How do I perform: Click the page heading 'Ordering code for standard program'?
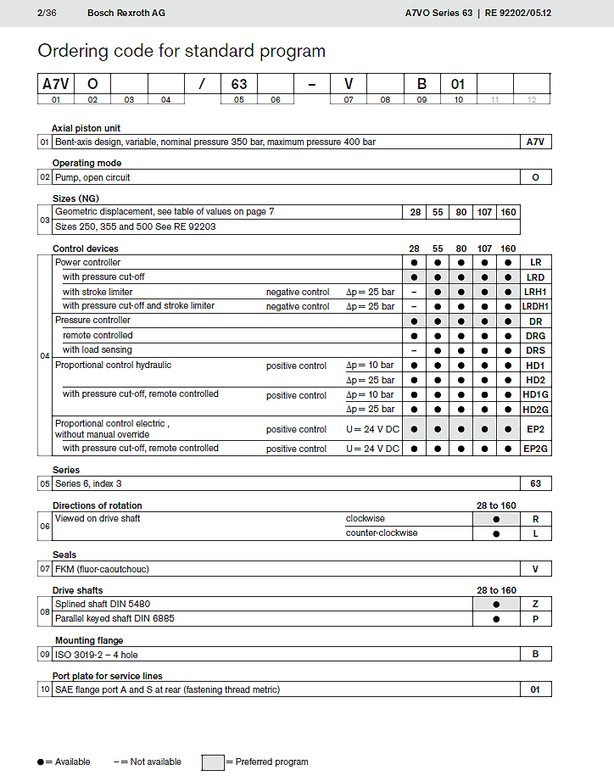181,51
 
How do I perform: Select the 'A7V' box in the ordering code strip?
57,84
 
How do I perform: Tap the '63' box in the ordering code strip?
239,84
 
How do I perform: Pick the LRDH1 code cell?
535,306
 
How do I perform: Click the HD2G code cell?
535,410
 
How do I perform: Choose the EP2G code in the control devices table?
535,449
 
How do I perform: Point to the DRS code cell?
535,350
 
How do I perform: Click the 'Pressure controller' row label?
93,321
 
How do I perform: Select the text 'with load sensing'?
98,349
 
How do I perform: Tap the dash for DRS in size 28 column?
414,350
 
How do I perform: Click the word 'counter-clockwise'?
382,533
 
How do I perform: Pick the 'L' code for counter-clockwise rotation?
535,534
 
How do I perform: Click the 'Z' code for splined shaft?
535,605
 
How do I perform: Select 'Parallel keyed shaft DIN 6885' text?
116,619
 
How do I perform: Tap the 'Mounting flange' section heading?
89,640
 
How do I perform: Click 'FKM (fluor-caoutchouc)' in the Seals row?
102,569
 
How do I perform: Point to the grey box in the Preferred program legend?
213,761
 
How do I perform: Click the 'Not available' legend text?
153,761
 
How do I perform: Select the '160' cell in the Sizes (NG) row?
508,212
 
